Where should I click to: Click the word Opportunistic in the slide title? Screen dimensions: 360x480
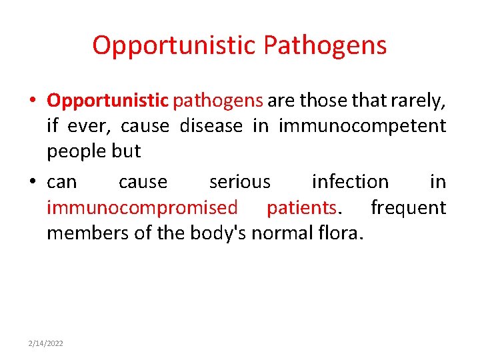(175, 45)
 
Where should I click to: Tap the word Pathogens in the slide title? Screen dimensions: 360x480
(325, 45)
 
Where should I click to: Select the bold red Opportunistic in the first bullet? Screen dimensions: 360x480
(107, 101)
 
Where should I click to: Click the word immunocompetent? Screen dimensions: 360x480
(362, 126)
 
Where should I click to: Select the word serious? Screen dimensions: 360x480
(239, 181)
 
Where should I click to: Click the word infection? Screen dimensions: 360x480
(350, 181)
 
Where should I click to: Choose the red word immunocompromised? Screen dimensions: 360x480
(142, 207)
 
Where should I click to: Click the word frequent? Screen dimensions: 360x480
(408, 207)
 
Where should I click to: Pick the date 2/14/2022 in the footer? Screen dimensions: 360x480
(46, 343)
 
